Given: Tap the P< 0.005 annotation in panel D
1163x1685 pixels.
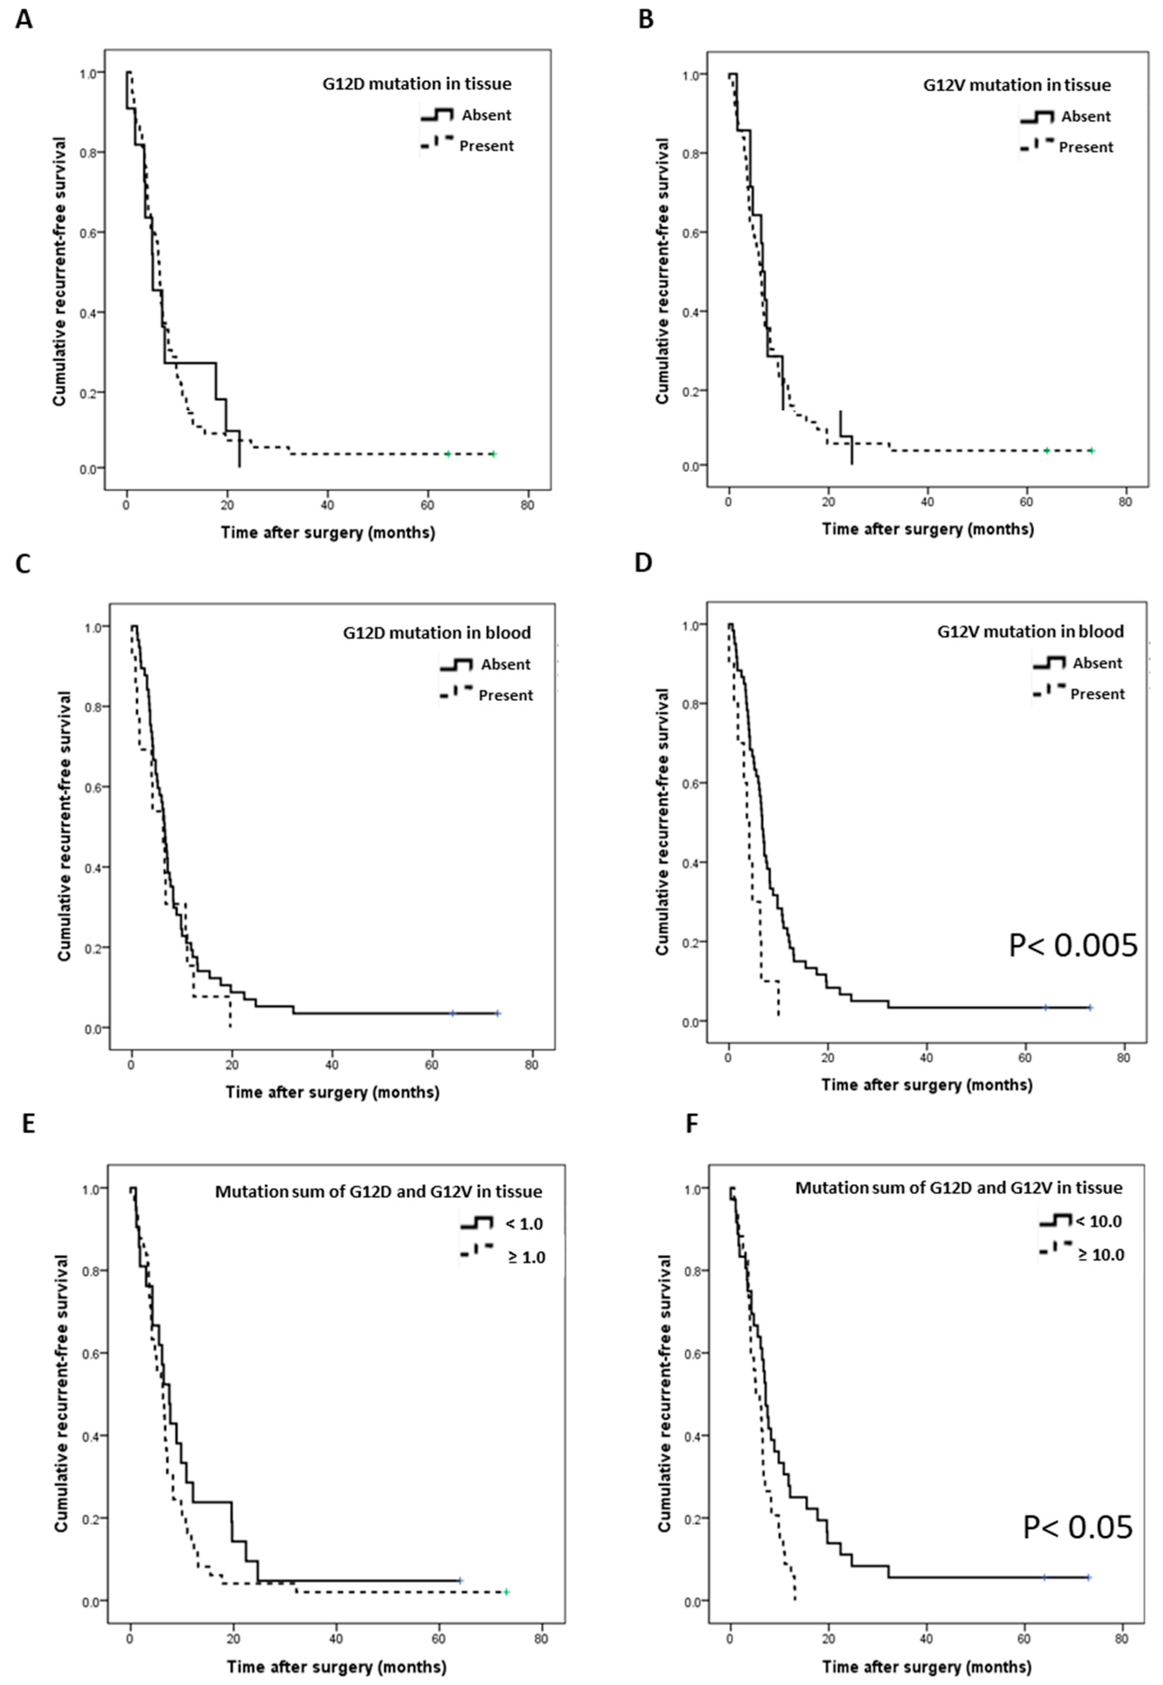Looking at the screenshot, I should [1072, 945].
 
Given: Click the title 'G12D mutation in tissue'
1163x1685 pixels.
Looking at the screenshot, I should [417, 84].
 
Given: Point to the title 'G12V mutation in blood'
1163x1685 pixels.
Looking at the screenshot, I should [1030, 631].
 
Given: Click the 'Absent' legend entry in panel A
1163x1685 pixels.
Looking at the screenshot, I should [486, 115].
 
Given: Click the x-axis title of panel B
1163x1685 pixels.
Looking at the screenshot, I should [927, 529].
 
